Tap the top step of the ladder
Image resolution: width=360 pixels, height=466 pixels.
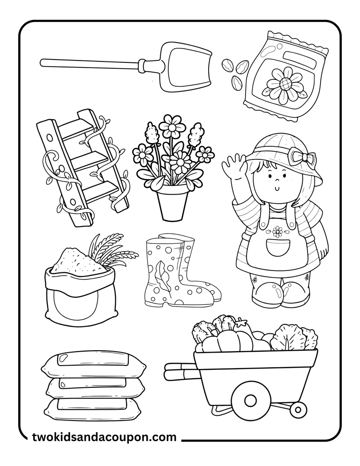click(x=78, y=128)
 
